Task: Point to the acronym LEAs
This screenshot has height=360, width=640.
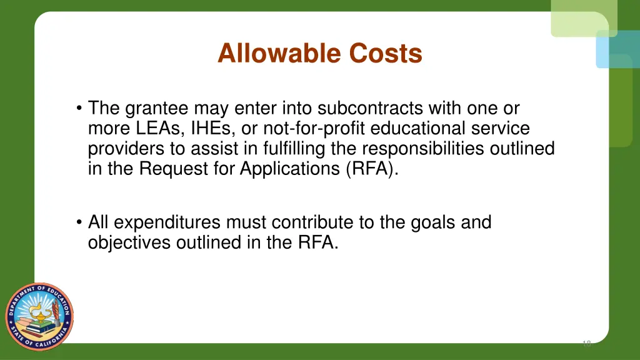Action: point(152,129)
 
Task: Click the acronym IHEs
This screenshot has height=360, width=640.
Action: point(207,129)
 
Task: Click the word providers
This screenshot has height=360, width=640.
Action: point(127,149)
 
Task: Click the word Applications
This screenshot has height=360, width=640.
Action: point(290,169)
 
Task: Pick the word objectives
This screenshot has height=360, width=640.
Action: point(129,242)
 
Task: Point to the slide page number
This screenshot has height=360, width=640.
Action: point(586,343)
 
